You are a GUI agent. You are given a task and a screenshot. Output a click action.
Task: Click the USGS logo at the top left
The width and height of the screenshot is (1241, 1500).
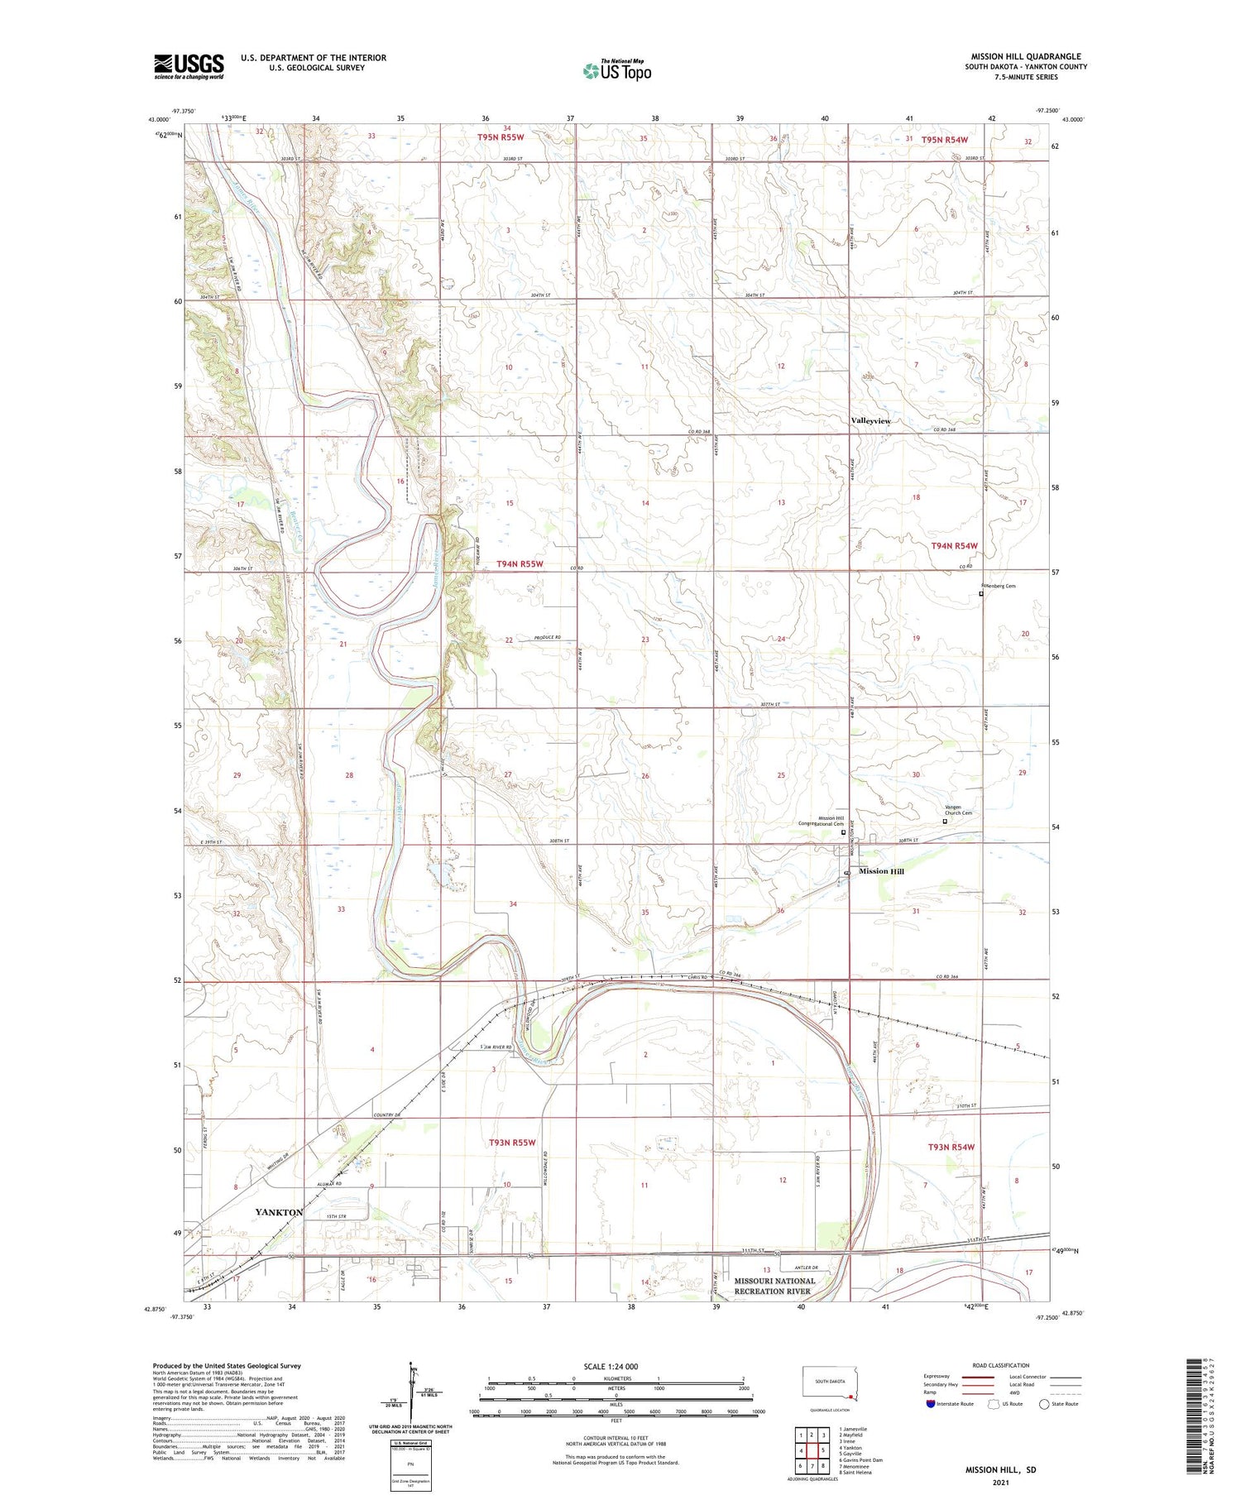pos(189,66)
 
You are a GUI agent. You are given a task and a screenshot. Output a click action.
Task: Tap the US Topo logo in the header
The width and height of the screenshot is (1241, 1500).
pos(617,71)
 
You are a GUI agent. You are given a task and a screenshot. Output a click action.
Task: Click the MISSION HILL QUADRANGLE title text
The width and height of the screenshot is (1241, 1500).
pos(1025,56)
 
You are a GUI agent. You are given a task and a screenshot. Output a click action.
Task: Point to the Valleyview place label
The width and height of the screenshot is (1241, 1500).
pos(871,421)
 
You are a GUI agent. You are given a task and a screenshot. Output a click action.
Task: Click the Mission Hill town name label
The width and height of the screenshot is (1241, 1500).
pos(881,871)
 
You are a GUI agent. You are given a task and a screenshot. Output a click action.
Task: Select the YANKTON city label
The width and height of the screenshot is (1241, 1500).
pos(279,1211)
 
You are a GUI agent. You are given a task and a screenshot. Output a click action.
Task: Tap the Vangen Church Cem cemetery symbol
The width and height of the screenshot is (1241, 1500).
pos(946,822)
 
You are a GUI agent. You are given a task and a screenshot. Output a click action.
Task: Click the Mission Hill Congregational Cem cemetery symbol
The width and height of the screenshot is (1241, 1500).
pos(843,833)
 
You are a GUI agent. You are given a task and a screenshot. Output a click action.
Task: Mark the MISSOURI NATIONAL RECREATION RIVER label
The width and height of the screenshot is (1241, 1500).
pos(774,1286)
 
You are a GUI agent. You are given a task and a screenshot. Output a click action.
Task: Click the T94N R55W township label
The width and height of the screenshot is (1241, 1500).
pos(520,563)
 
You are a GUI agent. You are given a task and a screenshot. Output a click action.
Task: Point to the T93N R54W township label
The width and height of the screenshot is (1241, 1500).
pos(951,1147)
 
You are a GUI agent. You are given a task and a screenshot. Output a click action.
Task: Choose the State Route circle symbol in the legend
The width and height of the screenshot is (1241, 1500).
pos(1045,1404)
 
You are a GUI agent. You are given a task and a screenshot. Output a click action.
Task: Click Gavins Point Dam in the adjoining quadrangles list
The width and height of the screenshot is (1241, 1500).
pos(860,1460)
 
